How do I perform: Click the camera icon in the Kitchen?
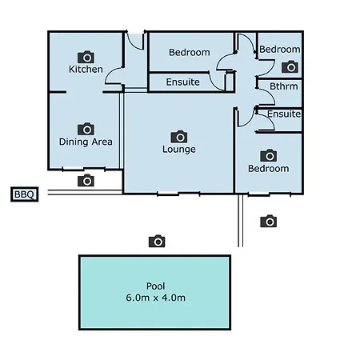coord(86,57)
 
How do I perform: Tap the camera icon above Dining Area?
coord(86,129)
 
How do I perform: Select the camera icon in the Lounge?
coord(179,137)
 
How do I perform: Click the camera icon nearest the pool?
coord(157,241)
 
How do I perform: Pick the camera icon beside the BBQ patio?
coord(86,181)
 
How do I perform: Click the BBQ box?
coord(25,194)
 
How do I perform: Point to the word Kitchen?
coord(86,70)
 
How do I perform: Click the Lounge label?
coord(179,150)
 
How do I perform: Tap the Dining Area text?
coord(86,142)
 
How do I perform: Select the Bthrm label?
coord(284,86)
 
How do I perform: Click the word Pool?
coord(156,286)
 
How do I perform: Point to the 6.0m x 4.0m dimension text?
coord(156,298)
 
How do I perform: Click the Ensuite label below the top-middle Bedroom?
coord(183,82)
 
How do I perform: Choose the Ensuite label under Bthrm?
coord(284,114)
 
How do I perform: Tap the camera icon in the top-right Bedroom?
coord(290,67)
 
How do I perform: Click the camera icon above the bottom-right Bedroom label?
coord(269,155)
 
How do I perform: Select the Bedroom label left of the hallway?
coord(190,53)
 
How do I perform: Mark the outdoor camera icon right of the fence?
coord(269,221)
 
